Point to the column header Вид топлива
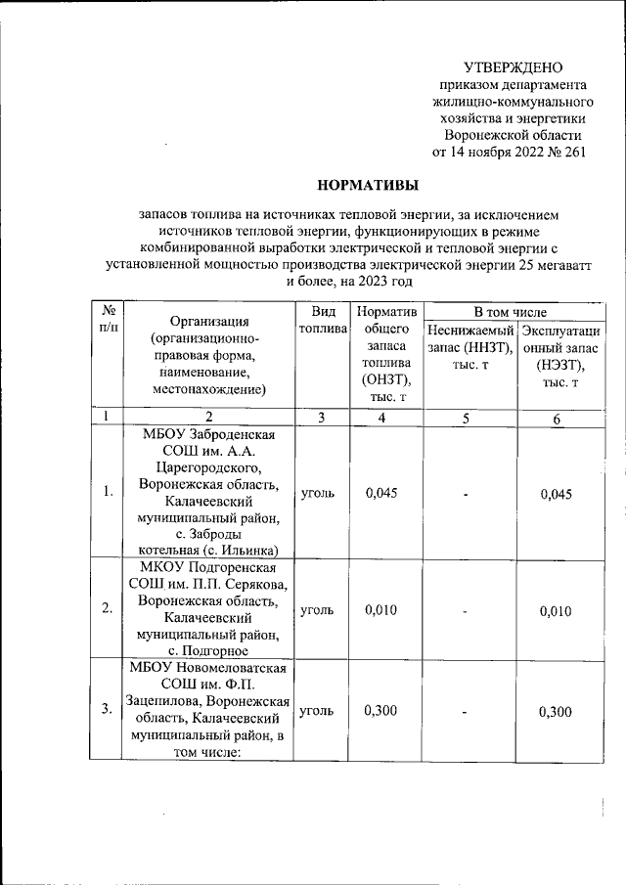pyautogui.click(x=323, y=320)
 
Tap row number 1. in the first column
pyautogui.click(x=108, y=491)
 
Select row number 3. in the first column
pyautogui.click(x=108, y=710)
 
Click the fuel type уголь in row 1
pyautogui.click(x=317, y=493)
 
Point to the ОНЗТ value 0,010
pyautogui.click(x=381, y=609)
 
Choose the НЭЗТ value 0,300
pyautogui.click(x=556, y=711)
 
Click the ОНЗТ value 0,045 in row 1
pyautogui.click(x=381, y=493)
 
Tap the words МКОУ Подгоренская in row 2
pyautogui.click(x=208, y=568)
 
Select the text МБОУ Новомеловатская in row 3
pyautogui.click(x=208, y=668)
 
